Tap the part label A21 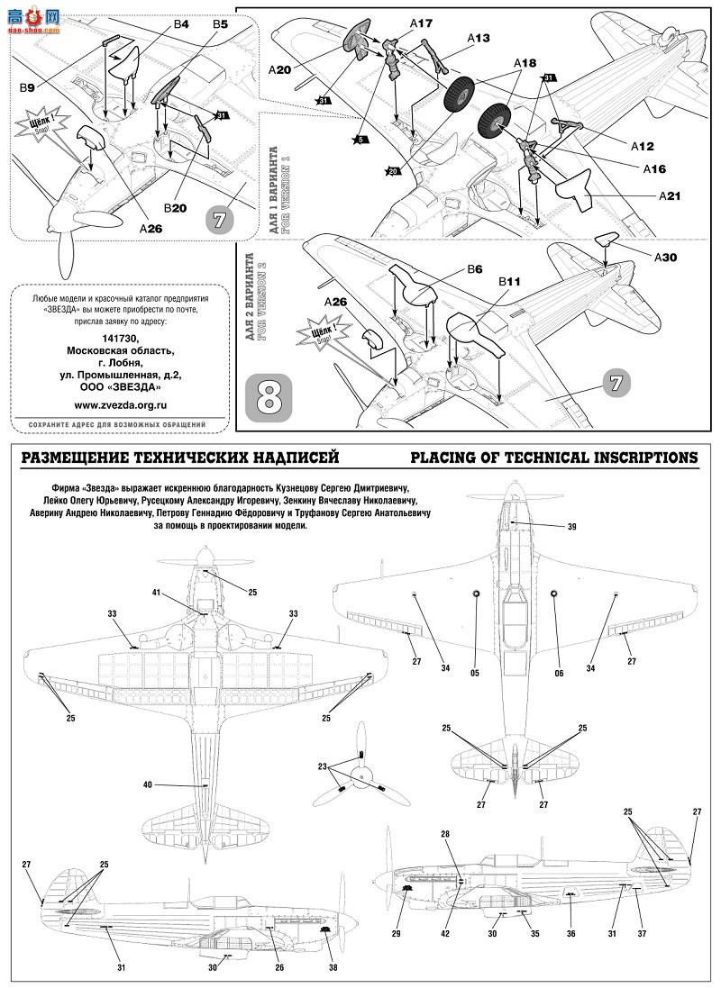coord(671,195)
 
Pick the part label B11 coord(510,282)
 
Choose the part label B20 coord(175,207)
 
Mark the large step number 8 coord(273,397)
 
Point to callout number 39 coord(571,526)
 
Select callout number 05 coord(474,672)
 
